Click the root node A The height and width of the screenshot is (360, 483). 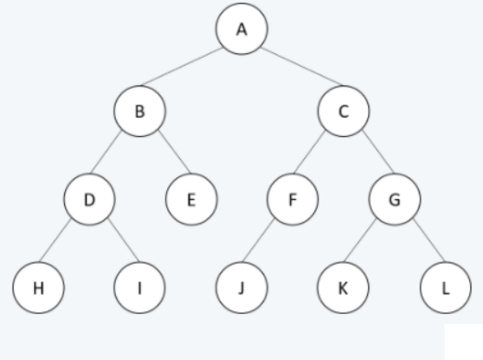[x=242, y=29]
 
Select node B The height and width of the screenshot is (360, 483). [x=140, y=113]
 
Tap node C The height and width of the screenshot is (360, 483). [x=343, y=113]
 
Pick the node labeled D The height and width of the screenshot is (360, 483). [x=90, y=197]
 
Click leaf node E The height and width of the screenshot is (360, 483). [x=191, y=197]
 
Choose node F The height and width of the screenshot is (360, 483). [x=293, y=197]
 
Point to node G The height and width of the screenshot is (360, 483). [x=395, y=197]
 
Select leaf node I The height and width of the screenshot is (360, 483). [x=140, y=286]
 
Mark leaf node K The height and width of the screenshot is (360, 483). [x=343, y=286]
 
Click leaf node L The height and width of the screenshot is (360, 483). [x=445, y=286]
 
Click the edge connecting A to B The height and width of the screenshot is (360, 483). [x=191, y=72]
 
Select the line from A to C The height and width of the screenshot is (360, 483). [x=293, y=72]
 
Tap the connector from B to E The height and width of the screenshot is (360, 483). [x=166, y=155]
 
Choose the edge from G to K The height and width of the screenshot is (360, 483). [x=369, y=242]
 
